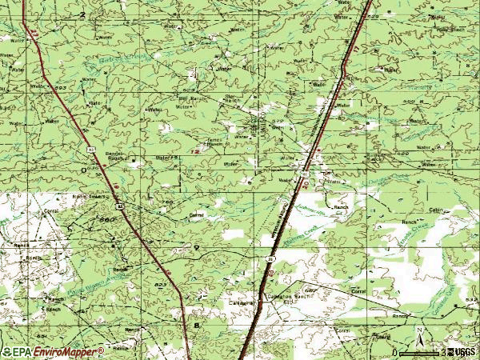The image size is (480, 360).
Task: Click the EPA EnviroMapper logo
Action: (x=53, y=351)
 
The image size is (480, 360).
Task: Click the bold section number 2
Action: (x=82, y=15)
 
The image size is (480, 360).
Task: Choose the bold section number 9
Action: (x=196, y=250)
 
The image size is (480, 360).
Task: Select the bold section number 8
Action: (x=197, y=326)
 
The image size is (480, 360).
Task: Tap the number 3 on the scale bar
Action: (x=442, y=353)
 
